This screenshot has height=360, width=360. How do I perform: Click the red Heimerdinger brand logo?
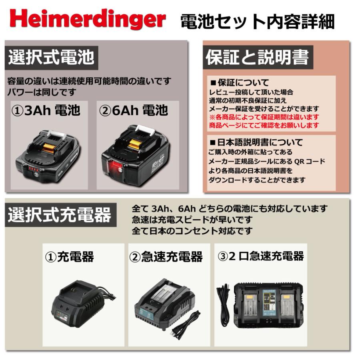87,20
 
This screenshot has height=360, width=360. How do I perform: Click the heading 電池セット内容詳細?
257,22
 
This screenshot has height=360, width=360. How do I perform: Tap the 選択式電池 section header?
51,57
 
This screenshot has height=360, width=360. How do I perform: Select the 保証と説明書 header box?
258,58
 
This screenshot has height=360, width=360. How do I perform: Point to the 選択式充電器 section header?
60,216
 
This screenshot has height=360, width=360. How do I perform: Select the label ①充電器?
69,256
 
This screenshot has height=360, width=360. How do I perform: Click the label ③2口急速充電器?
260,256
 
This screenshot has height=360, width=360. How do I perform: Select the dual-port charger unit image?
270,304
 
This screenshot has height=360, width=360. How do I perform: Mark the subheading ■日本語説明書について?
256,142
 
